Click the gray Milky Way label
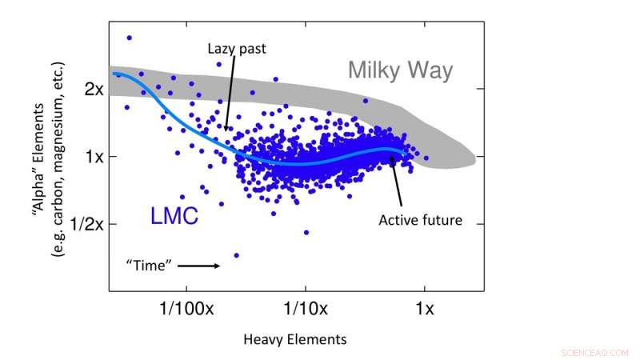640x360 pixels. tap(400, 70)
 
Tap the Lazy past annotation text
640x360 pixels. tap(237, 49)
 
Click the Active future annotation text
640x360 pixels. tap(420, 219)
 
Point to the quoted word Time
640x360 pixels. tap(150, 265)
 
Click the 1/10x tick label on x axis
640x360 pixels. tap(305, 308)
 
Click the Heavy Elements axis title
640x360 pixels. tap(295, 339)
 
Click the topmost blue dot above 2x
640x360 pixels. tap(129, 38)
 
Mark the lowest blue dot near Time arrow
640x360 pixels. tap(236, 255)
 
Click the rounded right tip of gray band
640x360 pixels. tap(474, 160)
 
